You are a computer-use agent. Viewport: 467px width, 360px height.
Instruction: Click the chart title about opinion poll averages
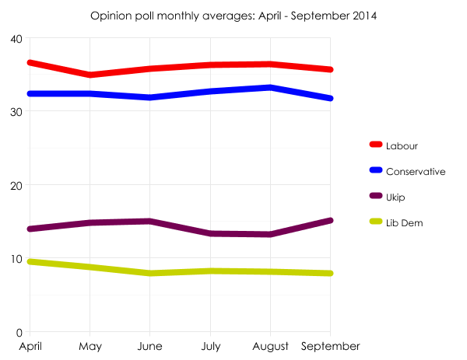coord(233,16)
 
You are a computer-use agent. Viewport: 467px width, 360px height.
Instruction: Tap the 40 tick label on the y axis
coord(16,38)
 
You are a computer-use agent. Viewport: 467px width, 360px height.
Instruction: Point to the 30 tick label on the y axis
coord(16,111)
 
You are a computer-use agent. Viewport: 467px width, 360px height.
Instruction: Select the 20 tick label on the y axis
coord(16,185)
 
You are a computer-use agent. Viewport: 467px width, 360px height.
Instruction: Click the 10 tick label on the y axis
coord(16,258)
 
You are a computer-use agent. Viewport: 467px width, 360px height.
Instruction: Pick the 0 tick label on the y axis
coord(19,332)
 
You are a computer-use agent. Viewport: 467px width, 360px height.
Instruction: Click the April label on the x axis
coord(30,346)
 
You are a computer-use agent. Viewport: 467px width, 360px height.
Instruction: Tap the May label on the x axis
coord(90,346)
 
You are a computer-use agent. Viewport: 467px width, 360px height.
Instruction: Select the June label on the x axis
coord(149,346)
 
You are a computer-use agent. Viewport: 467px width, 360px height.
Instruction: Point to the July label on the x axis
coord(210,346)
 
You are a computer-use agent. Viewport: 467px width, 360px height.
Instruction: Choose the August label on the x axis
coord(270,346)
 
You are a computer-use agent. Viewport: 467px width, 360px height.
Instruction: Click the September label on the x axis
coord(330,346)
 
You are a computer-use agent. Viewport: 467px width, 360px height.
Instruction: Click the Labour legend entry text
coord(402,145)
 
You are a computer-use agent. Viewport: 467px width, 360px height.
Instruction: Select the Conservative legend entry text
coord(416,171)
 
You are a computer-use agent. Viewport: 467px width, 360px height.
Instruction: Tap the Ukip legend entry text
coord(395,197)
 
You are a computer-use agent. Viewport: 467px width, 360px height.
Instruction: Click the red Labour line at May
coord(90,75)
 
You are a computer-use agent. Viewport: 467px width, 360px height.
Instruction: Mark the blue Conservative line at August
coord(270,88)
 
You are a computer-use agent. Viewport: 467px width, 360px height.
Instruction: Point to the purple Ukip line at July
coord(210,233)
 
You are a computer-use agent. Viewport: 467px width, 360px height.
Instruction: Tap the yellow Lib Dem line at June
coord(149,273)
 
